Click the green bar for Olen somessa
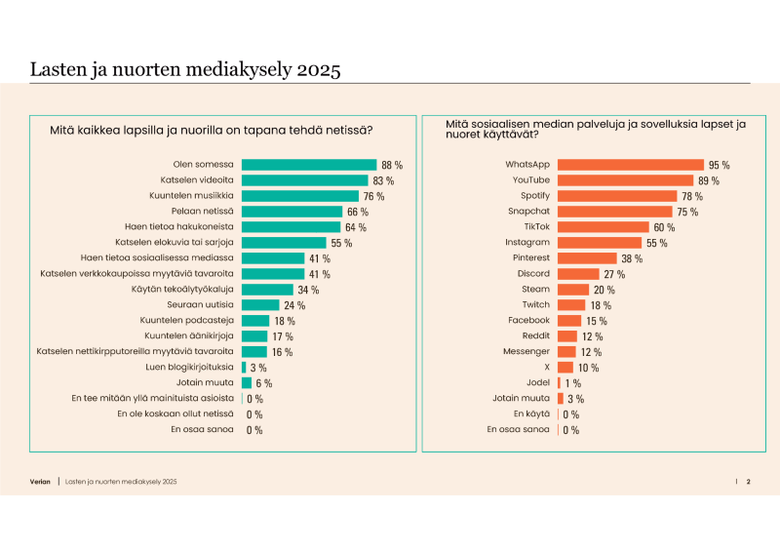pyautogui.click(x=308, y=165)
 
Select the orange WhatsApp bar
pyautogui.click(x=630, y=165)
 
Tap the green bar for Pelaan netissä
pyautogui.click(x=292, y=212)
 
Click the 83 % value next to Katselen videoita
pyautogui.click(x=383, y=180)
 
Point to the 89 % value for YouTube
pyautogui.click(x=709, y=180)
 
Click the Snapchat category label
pyautogui.click(x=528, y=212)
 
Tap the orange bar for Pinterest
pyautogui.click(x=587, y=258)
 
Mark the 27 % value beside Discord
pyautogui.click(x=614, y=274)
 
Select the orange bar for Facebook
pyautogui.click(x=569, y=321)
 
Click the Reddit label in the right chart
pyautogui.click(x=534, y=335)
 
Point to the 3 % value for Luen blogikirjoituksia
pyautogui.click(x=258, y=368)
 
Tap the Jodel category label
pyautogui.click(x=537, y=382)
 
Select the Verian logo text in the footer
pyautogui.click(x=40, y=482)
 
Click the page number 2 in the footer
pyautogui.click(x=749, y=482)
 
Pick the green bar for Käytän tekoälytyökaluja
pyautogui.click(x=267, y=290)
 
